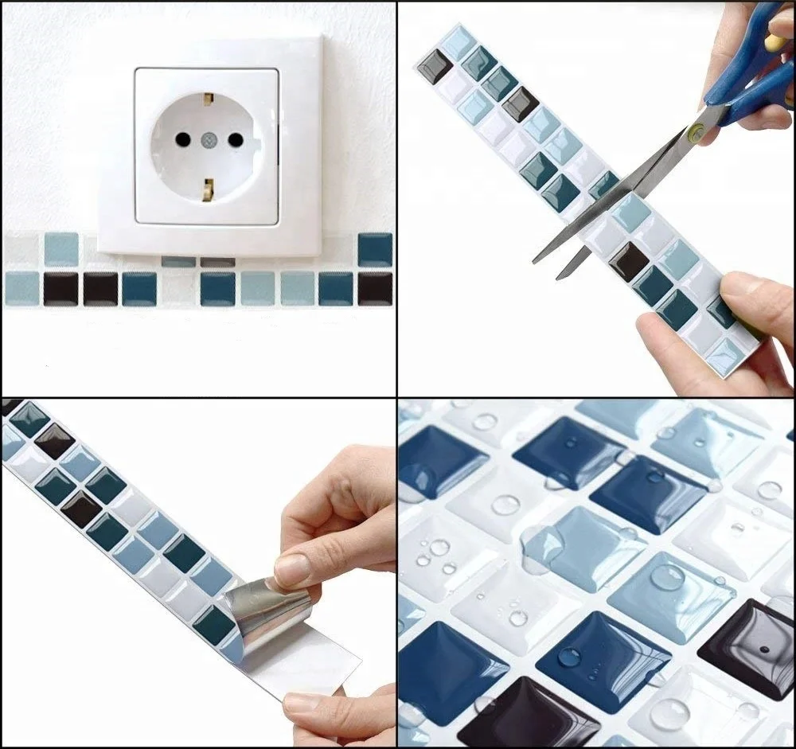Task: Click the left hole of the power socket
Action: click(182, 139)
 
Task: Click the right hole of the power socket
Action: click(236, 139)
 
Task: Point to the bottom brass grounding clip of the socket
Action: click(209, 189)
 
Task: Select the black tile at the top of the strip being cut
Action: click(435, 66)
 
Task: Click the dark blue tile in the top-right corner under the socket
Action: click(375, 249)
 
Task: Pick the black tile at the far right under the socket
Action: click(375, 288)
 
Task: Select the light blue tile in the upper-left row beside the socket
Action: click(61, 249)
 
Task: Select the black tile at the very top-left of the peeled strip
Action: click(11, 406)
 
